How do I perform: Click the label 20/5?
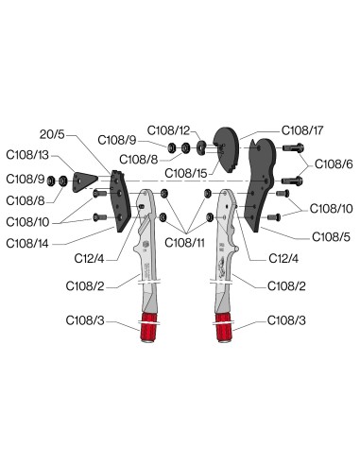pos(55,136)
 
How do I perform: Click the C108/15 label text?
pos(185,173)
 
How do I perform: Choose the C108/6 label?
pos(334,164)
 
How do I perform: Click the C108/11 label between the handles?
pos(188,243)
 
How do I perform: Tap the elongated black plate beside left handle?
pos(119,200)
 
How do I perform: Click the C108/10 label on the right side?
pos(334,209)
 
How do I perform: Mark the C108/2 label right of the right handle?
pos(286,285)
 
